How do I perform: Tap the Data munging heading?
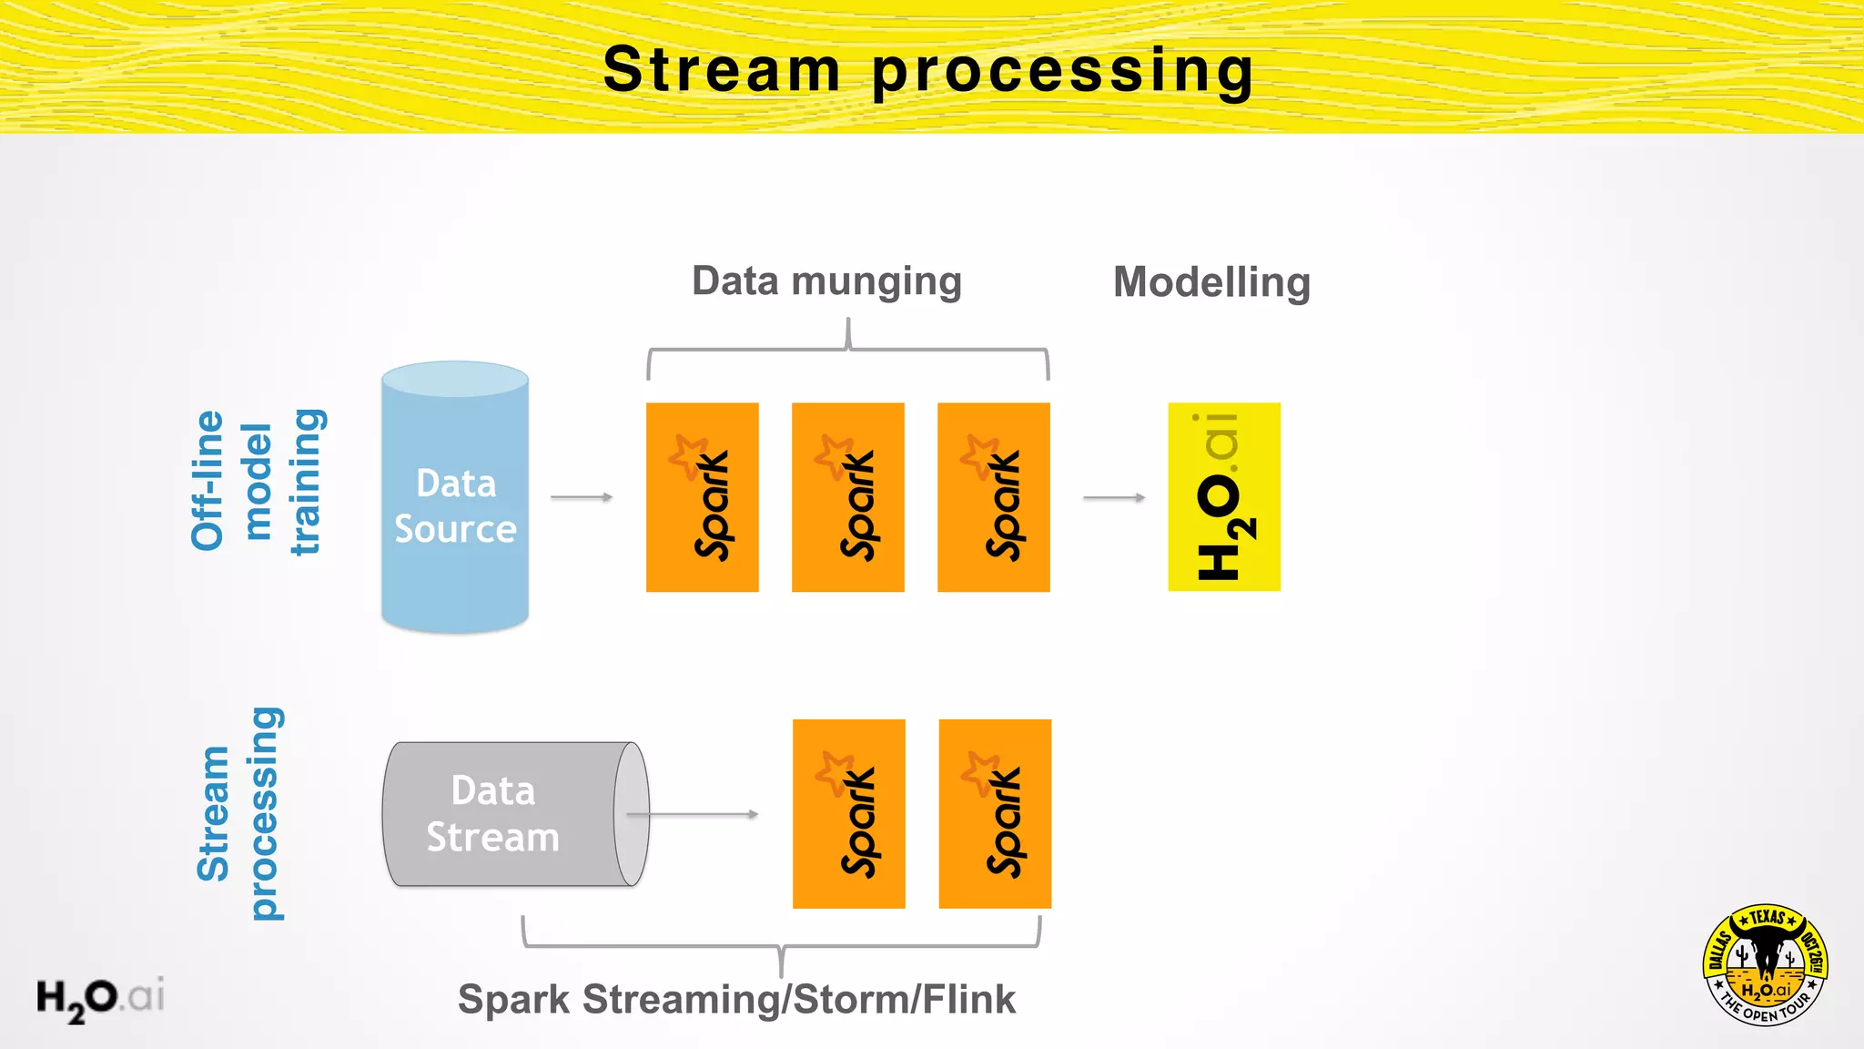[826, 281]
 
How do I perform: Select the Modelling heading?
[1211, 282]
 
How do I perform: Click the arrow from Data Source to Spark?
[582, 497]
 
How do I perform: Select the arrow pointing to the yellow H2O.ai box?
[1114, 498]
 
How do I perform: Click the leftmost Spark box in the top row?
[702, 497]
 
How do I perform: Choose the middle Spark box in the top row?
[847, 497]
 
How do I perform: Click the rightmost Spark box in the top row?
[993, 497]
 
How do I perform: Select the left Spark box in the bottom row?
[848, 813]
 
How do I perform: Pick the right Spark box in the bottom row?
[995, 813]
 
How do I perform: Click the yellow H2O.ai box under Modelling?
[1223, 497]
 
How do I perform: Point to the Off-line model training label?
[257, 482]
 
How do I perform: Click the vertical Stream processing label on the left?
[239, 813]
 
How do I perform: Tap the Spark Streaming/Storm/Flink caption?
[736, 1000]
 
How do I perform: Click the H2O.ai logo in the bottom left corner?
[100, 998]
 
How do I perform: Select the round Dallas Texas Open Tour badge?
[1765, 965]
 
